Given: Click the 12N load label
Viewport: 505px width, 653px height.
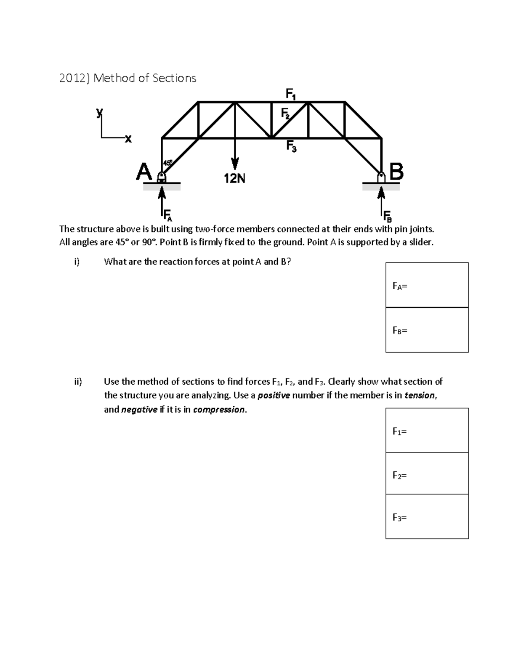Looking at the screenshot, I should coord(234,179).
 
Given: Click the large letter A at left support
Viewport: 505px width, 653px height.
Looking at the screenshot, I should coord(144,172).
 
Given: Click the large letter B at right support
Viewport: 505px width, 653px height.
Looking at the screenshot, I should coord(397,172).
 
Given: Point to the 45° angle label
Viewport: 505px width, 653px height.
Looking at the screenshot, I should coord(167,162).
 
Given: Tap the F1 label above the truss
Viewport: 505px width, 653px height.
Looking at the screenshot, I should coord(291,94).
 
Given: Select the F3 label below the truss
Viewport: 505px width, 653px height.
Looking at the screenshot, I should coord(291,146).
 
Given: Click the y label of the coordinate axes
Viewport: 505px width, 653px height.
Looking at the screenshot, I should coord(99,112).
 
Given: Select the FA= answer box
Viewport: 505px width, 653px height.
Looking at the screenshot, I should coord(427,285).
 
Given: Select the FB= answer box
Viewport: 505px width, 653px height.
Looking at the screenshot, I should coord(427,330).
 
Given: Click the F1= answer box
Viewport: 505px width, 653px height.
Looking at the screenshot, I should coord(427,431).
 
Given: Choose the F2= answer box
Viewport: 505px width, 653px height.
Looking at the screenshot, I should coord(427,474).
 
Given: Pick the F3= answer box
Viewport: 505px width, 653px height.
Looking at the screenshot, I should coord(427,517).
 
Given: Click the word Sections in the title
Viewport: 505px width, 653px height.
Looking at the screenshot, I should coord(174,78).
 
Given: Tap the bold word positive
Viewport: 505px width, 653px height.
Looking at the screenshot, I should coord(274,396).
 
